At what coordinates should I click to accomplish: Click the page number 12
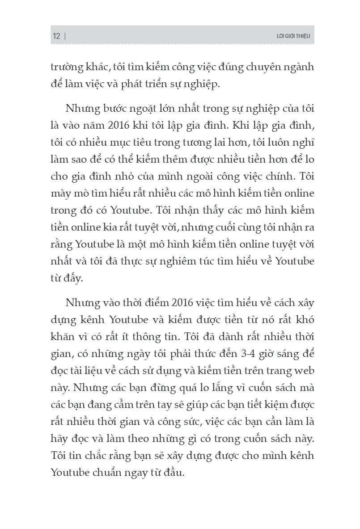click(56, 36)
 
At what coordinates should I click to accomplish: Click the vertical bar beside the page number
click(66, 36)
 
